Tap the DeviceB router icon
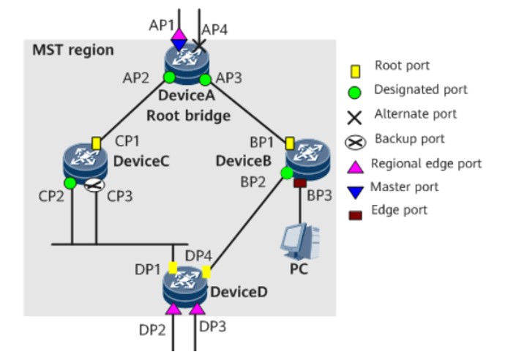[302, 159]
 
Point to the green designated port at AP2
[169, 76]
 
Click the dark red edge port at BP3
[299, 184]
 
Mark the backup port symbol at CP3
[91, 186]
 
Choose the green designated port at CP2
[70, 182]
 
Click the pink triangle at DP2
[173, 310]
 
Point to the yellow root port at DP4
[206, 272]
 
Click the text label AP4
[215, 30]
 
